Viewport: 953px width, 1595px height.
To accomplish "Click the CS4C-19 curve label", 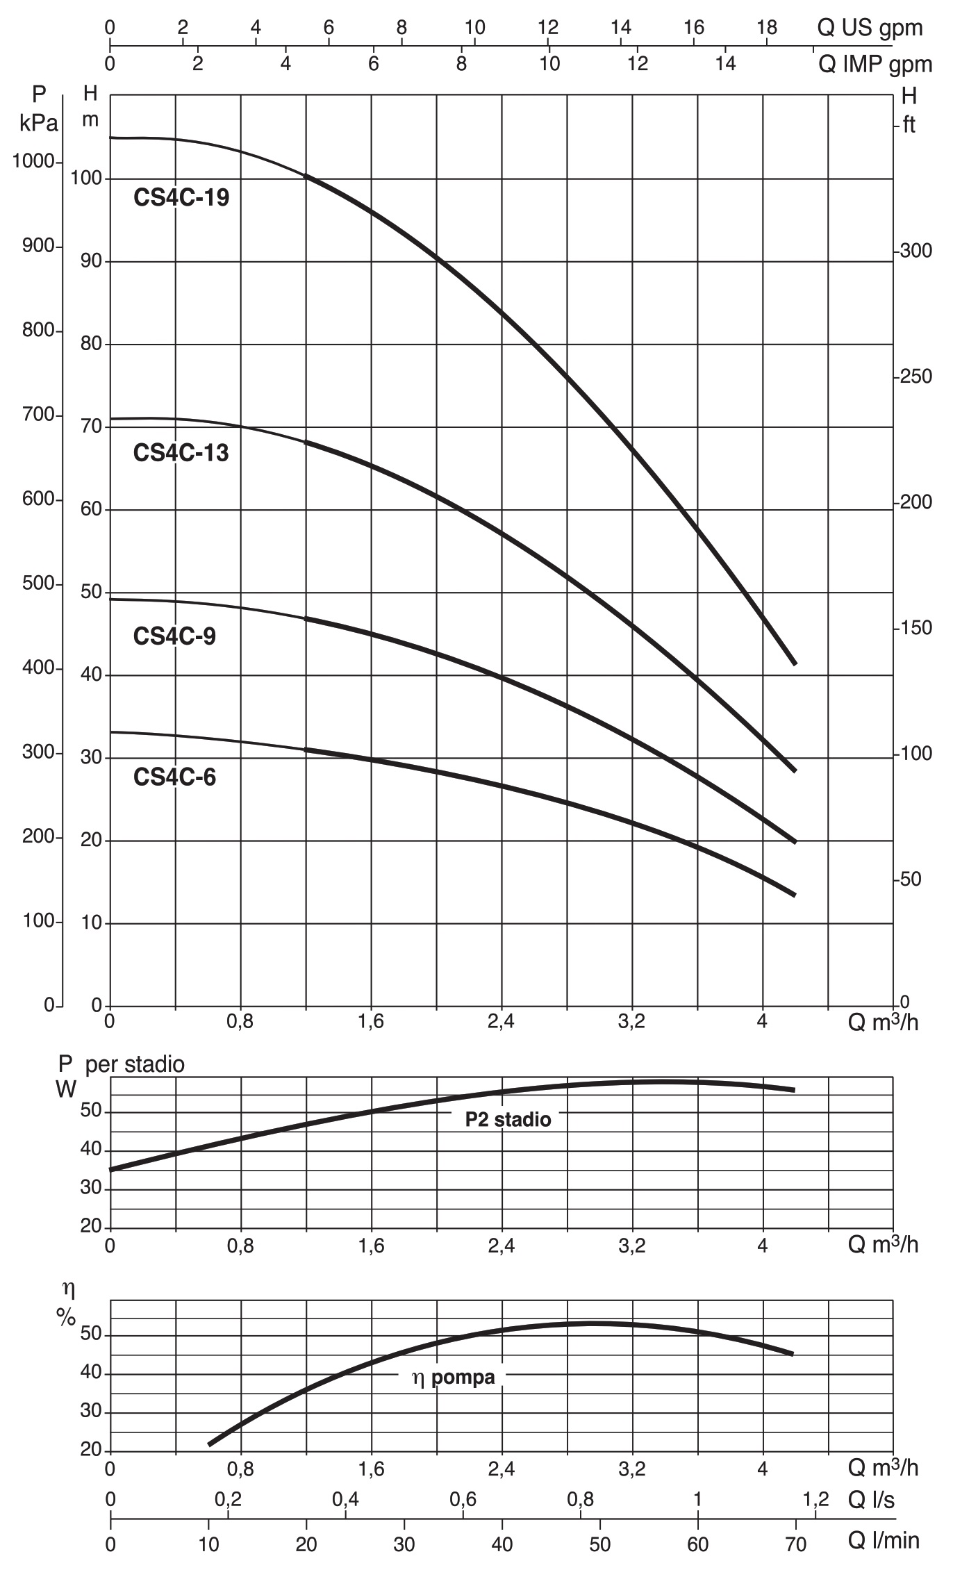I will click(x=181, y=198).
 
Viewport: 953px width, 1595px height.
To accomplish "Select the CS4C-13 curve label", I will click(x=181, y=453).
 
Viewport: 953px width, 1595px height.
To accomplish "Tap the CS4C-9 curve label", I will click(x=174, y=636).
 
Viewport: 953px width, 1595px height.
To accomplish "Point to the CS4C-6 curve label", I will click(x=174, y=777).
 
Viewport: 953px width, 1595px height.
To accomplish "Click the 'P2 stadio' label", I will click(x=508, y=1119).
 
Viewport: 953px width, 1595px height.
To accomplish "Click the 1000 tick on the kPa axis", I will click(x=33, y=161).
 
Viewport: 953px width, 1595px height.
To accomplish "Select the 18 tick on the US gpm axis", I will click(x=767, y=28).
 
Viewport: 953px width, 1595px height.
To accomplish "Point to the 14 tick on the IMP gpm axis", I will click(x=725, y=64).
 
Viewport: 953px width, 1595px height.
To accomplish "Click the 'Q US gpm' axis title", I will click(x=870, y=28).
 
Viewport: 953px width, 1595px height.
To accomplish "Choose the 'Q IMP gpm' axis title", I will click(x=875, y=65).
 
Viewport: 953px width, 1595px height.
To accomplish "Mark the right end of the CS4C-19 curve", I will click(x=795, y=663).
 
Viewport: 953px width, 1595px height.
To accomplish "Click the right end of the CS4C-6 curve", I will click(x=795, y=895).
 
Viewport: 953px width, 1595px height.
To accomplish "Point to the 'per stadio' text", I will click(x=135, y=1065).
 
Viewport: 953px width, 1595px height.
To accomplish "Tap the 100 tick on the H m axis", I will click(x=86, y=179).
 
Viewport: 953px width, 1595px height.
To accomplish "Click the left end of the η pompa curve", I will click(x=209, y=1444).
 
